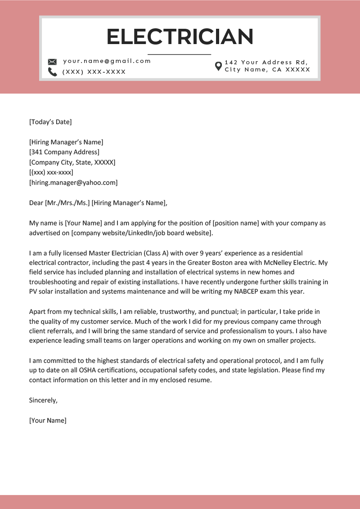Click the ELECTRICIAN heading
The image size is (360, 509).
point(180,36)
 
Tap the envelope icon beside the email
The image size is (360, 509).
point(52,62)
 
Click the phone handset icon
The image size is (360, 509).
point(52,72)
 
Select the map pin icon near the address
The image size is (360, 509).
point(218,66)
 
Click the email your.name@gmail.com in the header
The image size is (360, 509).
point(107,61)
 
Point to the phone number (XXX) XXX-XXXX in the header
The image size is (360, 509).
point(94,72)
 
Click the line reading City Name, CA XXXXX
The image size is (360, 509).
point(267,70)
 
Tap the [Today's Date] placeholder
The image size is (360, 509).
point(50,122)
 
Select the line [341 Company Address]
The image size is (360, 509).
point(64,152)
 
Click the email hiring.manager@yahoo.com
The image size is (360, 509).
point(73,183)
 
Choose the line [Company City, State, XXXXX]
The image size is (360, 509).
point(72,162)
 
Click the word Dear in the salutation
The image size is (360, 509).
point(36,203)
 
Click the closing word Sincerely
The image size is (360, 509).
point(43,400)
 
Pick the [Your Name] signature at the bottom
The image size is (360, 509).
point(47,420)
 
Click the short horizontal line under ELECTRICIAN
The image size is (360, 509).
point(179,54)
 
